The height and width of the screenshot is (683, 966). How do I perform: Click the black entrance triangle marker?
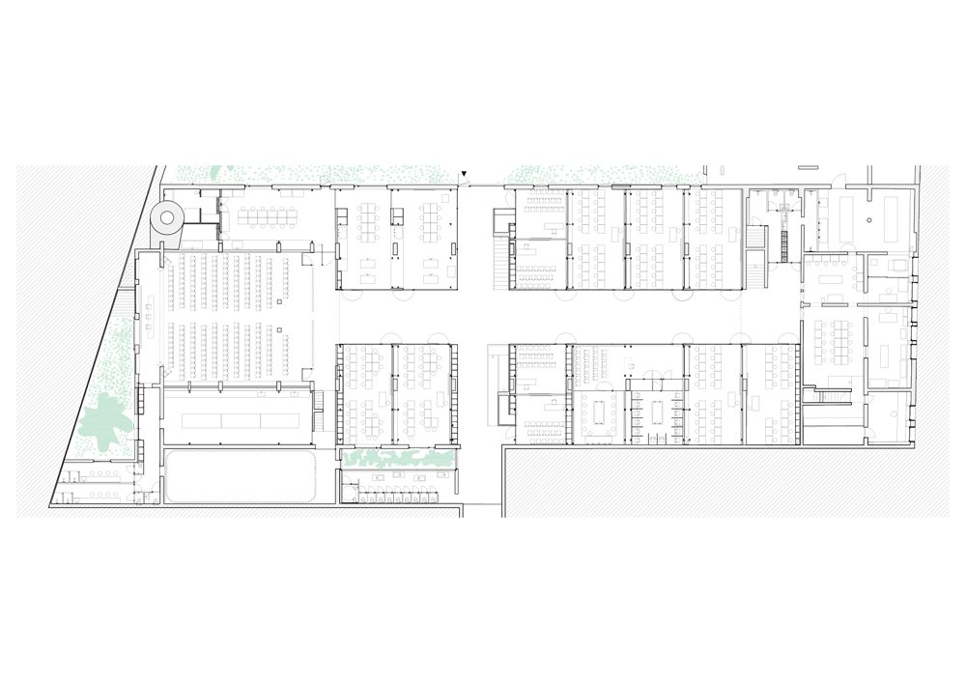click(465, 175)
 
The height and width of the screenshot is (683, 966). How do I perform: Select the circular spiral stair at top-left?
click(168, 219)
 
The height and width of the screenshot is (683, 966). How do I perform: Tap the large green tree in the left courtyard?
click(103, 422)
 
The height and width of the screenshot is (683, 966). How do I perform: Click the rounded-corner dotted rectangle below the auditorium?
click(238, 476)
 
